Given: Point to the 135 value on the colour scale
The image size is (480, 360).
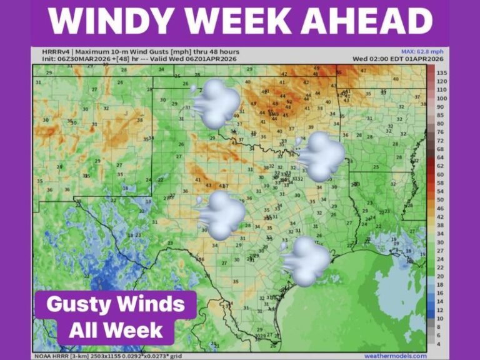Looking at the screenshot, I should coord(441,73).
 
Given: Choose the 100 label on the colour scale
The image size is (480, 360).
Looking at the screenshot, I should coord(441,99).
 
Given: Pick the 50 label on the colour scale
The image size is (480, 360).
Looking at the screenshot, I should coord(441,199).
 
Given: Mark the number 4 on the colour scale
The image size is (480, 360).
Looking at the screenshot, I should coord(439,343).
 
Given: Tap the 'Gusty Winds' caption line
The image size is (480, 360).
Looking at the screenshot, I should coord(116,305).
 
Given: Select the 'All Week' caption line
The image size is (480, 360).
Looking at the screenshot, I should coord(116,329).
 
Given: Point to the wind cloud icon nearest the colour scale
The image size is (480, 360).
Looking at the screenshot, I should coord(321,156).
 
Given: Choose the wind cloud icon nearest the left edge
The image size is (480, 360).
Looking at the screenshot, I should coord(220,215).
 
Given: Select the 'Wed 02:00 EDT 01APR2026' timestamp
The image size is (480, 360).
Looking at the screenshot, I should coord(389,58).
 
